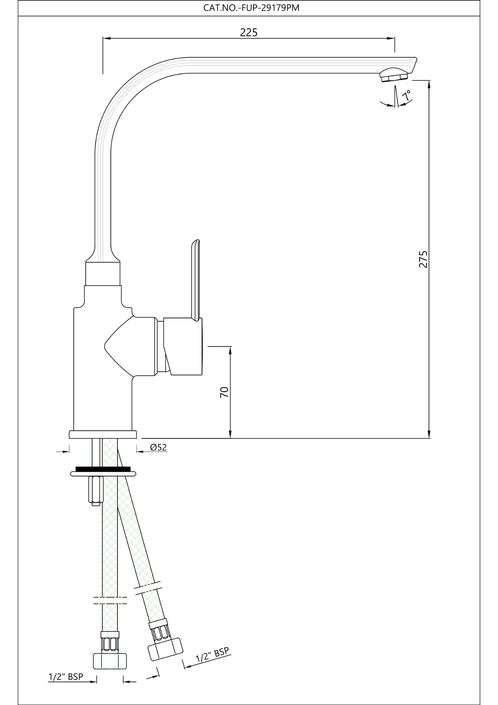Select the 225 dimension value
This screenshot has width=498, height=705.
click(x=249, y=32)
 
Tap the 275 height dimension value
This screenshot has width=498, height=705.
click(x=423, y=259)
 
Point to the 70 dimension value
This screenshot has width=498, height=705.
click(x=224, y=392)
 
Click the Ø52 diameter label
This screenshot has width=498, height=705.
click(x=159, y=447)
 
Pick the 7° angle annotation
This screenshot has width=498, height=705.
click(x=406, y=96)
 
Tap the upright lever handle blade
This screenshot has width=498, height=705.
click(x=195, y=279)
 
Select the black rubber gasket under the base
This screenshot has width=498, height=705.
click(x=103, y=469)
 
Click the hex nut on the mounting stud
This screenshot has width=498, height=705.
click(x=95, y=489)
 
